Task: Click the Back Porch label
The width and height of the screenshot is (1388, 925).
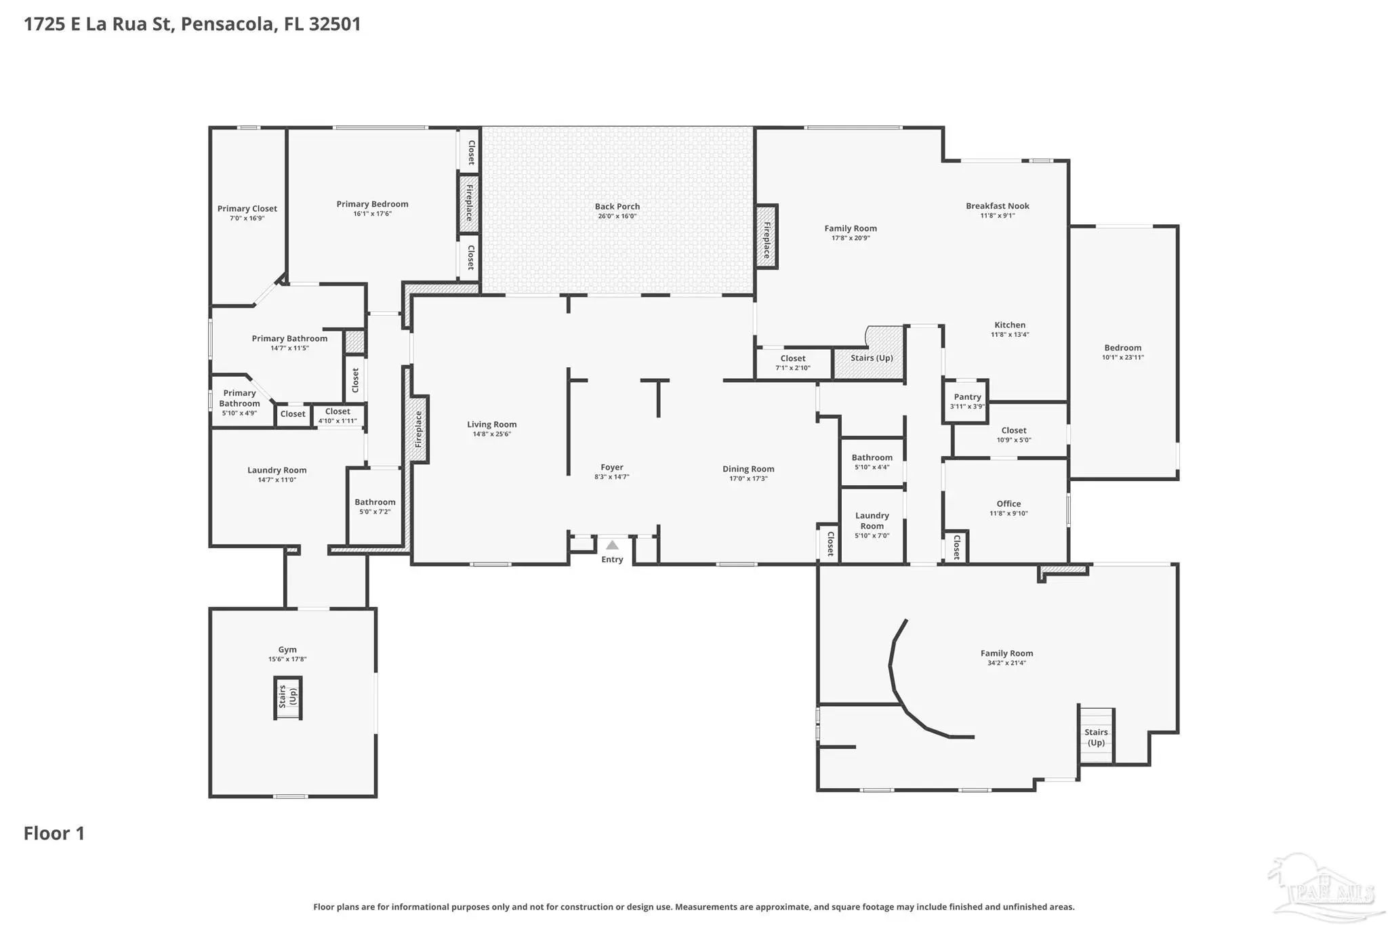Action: [617, 207]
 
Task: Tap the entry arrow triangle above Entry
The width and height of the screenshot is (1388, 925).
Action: [612, 545]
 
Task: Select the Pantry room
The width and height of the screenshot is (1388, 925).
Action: [966, 401]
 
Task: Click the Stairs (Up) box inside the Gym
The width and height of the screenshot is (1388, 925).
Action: [288, 697]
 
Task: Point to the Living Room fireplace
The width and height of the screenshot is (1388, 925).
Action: [418, 430]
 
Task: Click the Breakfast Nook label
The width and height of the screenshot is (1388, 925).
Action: [997, 206]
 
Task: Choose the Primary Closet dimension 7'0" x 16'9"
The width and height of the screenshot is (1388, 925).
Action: [247, 218]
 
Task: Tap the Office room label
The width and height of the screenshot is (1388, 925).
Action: [1008, 503]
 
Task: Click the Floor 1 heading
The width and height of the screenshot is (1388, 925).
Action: [54, 834]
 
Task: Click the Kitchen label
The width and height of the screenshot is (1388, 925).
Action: [1010, 325]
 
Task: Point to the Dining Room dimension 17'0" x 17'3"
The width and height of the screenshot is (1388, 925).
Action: [748, 478]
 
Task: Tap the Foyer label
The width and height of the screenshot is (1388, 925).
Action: [611, 468]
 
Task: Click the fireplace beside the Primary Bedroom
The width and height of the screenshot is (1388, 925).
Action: [469, 204]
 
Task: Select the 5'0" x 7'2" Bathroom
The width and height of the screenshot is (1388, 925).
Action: [375, 506]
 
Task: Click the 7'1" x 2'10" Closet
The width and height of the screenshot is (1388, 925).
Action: [793, 363]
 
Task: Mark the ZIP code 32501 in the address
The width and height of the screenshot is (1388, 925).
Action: [335, 24]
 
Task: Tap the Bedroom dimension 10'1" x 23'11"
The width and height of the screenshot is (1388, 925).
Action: [1122, 357]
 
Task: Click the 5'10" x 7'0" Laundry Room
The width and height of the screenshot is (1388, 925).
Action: [872, 525]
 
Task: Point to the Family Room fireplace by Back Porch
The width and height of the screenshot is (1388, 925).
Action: [767, 237]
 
